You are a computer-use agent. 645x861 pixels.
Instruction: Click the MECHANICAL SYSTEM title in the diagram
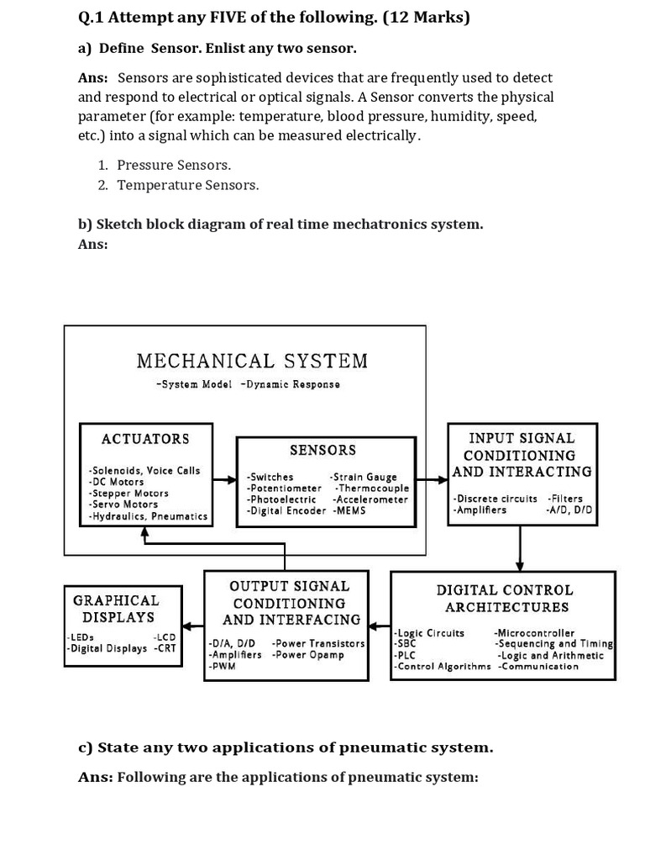[x=252, y=362]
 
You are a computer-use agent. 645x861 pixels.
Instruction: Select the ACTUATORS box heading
[x=145, y=439]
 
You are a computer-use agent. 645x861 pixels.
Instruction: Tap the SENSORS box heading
[x=322, y=451]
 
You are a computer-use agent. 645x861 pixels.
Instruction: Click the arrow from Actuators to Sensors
[x=223, y=480]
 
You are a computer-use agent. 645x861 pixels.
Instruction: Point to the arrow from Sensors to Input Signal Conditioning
[x=432, y=480]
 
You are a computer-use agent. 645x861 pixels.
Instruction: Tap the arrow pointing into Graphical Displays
[x=193, y=626]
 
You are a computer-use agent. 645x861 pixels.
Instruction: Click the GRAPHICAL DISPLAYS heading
[x=116, y=608]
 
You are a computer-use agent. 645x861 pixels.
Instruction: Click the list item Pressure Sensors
[x=174, y=165]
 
